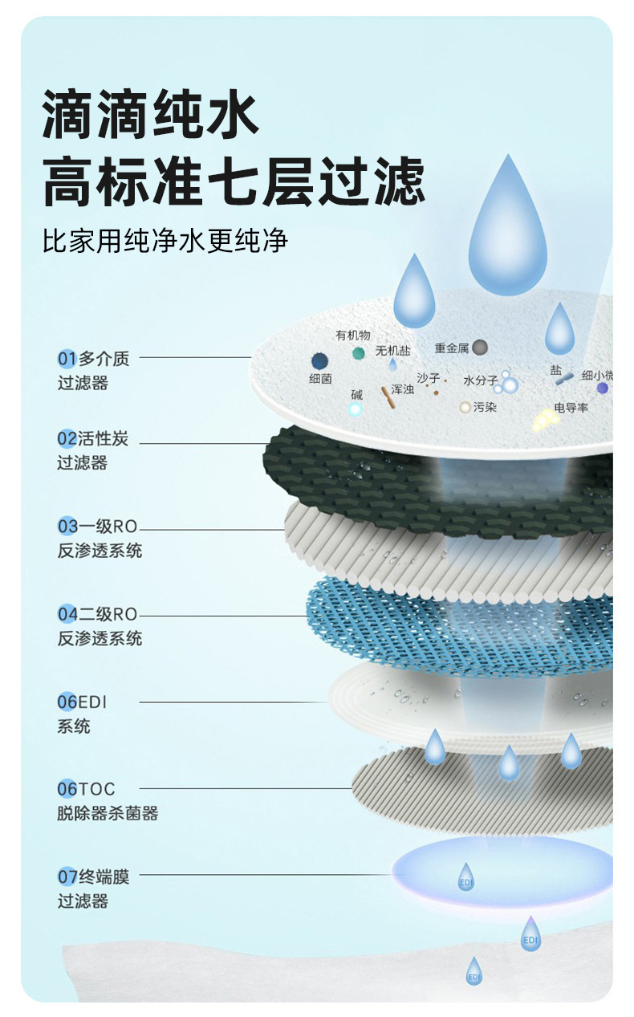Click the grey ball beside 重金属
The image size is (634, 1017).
coord(480,348)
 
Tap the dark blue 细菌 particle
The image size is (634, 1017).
coord(320,360)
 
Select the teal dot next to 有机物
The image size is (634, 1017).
coord(358,353)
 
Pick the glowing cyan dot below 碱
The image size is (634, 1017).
coord(356,409)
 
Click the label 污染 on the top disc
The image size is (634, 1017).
coord(485,407)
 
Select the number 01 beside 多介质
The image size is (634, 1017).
coord(66,358)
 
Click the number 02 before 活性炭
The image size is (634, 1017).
coord(66,438)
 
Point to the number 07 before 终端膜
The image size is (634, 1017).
coord(66,877)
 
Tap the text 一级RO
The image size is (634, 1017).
coord(108,527)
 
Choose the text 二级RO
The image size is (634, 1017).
coord(108,614)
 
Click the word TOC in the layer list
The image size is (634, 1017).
coord(96,789)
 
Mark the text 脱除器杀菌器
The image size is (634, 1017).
coord(108,813)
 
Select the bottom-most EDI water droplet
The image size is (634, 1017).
coord(474,972)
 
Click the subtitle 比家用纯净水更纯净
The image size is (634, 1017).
coord(165,241)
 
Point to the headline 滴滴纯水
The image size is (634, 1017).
coord(152,115)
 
